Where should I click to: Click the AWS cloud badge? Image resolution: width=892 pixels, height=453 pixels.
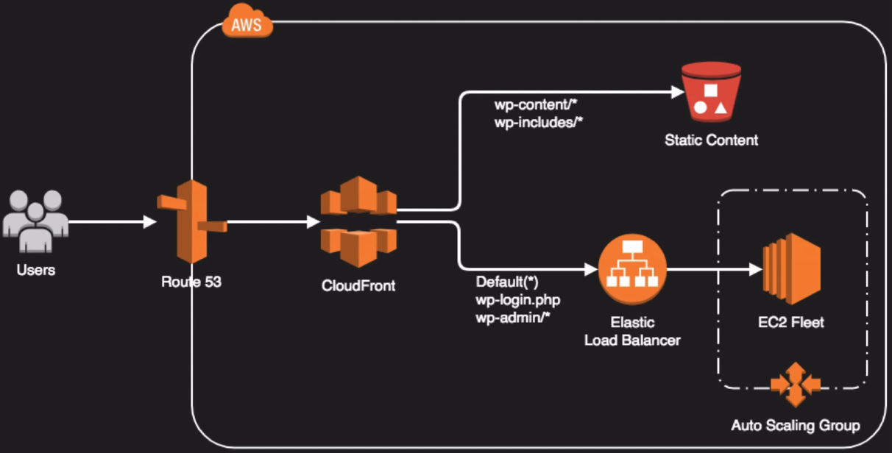(247, 25)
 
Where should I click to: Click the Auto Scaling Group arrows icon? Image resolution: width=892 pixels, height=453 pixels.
(794, 383)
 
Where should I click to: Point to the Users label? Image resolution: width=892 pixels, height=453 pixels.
(36, 270)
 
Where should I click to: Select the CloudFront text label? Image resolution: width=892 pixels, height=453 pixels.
(358, 286)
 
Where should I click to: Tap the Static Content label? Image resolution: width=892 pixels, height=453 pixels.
(711, 140)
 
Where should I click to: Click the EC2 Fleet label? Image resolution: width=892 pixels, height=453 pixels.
(791, 321)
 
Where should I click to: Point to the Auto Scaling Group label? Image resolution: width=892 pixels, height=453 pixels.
(795, 425)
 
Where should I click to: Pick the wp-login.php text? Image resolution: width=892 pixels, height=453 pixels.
(517, 300)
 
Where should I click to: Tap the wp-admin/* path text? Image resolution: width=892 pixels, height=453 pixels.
(513, 317)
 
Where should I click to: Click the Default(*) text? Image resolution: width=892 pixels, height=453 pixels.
(508, 282)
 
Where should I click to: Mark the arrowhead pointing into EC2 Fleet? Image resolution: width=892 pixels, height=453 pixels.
(755, 270)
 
